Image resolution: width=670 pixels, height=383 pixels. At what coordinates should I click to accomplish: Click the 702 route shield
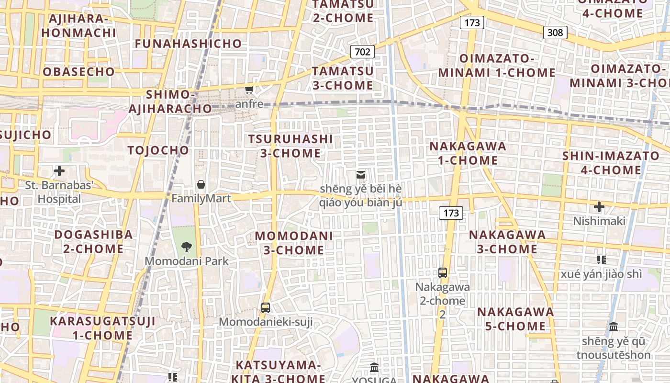pos(362,52)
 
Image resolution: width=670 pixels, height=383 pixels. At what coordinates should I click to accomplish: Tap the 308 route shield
pos(555,33)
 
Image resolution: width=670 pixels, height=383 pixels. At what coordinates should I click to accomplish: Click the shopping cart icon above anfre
pos(249,90)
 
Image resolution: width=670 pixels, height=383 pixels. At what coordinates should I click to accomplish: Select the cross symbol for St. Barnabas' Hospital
pos(59,171)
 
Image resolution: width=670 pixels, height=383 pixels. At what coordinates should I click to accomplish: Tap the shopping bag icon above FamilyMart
pos(201,184)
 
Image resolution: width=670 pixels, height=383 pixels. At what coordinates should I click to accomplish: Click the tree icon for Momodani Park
pos(187,247)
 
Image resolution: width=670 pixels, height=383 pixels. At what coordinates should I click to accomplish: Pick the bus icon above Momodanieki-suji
pos(266,308)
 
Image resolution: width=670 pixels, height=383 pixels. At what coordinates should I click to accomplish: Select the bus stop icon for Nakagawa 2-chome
pos(443,273)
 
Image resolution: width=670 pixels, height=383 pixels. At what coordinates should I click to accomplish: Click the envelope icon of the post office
pos(361,175)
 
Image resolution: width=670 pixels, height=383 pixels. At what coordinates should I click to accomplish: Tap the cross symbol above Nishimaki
pos(599,207)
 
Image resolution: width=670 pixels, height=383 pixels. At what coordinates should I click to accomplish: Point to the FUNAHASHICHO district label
pos(189,44)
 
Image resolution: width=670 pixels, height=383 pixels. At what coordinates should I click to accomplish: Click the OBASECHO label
pos(79,72)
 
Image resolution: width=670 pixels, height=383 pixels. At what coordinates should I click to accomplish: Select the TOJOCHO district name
pos(158,150)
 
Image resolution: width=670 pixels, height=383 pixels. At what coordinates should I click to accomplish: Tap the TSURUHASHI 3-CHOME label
pos(290,146)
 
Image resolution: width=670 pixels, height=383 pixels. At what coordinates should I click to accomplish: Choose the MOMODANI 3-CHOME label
pos(294,243)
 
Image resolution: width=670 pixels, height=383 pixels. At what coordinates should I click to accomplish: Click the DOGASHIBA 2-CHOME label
pos(93,242)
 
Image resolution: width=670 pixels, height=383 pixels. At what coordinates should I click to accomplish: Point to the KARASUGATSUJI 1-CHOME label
pos(102,328)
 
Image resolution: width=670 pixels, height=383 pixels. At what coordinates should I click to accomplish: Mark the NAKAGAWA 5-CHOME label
pos(515,319)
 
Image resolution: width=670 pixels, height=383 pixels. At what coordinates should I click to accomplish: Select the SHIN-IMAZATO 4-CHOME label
pos(611,163)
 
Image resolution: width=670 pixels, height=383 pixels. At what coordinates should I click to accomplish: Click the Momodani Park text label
pos(187,261)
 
